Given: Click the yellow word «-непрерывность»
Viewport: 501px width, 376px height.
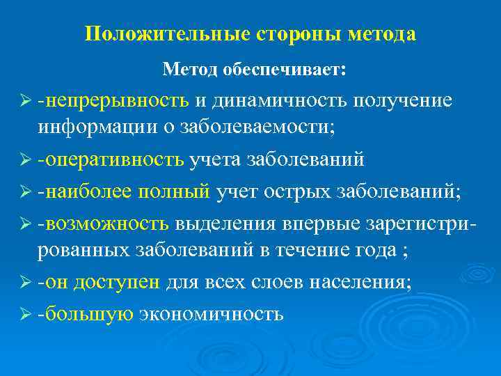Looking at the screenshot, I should pyautogui.click(x=114, y=101).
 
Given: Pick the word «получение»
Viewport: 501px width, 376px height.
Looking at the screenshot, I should pyautogui.click(x=403, y=101).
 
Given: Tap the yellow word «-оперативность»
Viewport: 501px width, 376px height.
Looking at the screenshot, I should pyautogui.click(x=111, y=159).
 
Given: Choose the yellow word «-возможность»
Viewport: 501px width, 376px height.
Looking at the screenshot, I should pyautogui.click(x=104, y=223).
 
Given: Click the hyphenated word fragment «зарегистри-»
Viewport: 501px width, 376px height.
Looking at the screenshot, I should pyautogui.click(x=416, y=223).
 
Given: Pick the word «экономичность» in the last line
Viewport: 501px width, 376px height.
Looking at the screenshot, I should pyautogui.click(x=211, y=313).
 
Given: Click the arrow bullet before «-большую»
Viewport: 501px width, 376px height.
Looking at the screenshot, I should pyautogui.click(x=26, y=314).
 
